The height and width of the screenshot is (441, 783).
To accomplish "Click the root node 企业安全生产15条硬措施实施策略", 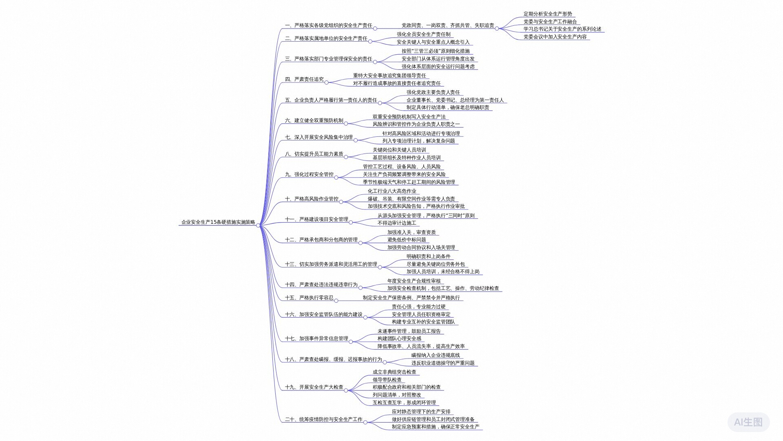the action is click(x=218, y=223).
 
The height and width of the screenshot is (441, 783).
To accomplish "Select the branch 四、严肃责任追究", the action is click(x=304, y=79).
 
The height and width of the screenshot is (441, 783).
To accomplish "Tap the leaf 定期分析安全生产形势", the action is click(x=548, y=14).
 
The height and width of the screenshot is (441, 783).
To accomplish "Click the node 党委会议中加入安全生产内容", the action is click(x=555, y=37).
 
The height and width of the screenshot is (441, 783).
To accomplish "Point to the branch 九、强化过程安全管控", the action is click(x=309, y=174).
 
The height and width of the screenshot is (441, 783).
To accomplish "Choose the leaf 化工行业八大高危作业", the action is click(x=392, y=191).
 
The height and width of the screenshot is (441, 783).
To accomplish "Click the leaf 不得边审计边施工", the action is click(x=397, y=223).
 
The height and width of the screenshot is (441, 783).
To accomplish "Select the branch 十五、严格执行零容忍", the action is click(x=309, y=298).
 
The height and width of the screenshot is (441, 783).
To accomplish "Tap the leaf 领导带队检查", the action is click(x=387, y=380).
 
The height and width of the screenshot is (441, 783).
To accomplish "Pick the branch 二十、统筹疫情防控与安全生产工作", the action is click(x=324, y=419).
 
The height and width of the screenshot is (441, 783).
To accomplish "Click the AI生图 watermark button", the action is click(x=748, y=422).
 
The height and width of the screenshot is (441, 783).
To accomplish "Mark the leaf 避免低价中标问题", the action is click(x=407, y=240).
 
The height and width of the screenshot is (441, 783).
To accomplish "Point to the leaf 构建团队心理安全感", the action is click(x=399, y=339).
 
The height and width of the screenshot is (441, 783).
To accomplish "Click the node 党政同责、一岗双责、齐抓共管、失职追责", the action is click(x=448, y=25).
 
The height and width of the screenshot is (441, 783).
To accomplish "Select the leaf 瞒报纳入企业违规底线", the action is click(x=436, y=355).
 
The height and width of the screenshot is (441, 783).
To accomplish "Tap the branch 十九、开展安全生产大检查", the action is click(x=314, y=387).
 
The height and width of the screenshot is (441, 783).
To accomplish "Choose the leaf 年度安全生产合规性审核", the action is click(x=414, y=281).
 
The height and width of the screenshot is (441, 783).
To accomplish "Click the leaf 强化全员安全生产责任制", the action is click(x=424, y=34).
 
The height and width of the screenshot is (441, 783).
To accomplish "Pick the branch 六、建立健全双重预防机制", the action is click(x=314, y=120).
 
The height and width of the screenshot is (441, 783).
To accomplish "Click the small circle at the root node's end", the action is click(x=258, y=225).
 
